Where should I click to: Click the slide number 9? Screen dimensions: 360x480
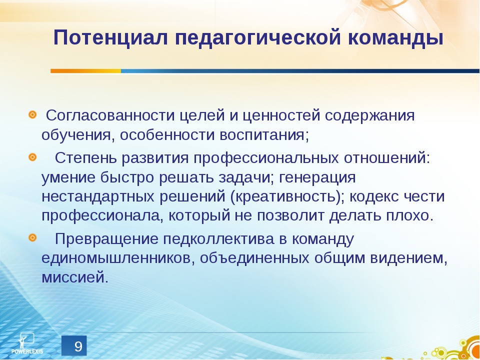pos(78,346)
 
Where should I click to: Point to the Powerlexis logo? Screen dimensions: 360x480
pos(28,342)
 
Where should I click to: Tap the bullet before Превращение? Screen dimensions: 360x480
pos(32,236)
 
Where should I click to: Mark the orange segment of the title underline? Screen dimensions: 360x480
pos(85,71)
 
